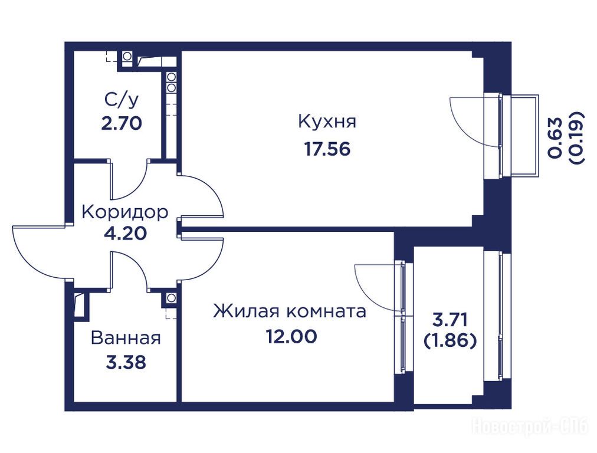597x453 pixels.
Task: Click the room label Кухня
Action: [x=327, y=122]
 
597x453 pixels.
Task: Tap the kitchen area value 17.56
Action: [x=327, y=149]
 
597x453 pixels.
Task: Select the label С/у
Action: [x=122, y=100]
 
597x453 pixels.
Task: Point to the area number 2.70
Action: [x=122, y=123]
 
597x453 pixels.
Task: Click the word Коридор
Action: [x=125, y=212]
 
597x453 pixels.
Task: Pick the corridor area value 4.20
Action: [x=125, y=233]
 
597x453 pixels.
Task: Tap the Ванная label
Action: [x=126, y=338]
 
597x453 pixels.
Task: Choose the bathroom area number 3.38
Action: [x=126, y=362]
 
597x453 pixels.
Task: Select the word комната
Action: [x=326, y=312]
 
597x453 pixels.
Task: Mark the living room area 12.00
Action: [x=291, y=337]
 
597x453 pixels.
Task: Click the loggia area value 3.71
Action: [x=450, y=319]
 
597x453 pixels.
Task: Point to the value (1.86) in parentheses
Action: [x=450, y=341]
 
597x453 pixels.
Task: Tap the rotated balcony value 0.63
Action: [x=555, y=137]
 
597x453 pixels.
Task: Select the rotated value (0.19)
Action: [x=576, y=137]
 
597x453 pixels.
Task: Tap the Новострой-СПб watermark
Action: [x=530, y=426]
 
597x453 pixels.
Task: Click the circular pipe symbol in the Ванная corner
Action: [x=171, y=297]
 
